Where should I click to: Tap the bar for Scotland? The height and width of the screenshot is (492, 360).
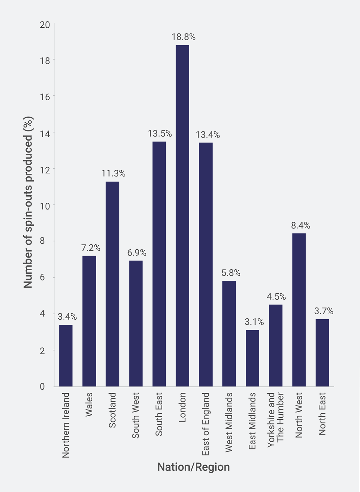tap(113, 284)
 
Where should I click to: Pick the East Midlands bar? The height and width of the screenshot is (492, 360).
tap(253, 358)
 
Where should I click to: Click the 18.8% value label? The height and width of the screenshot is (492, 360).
tap(184, 37)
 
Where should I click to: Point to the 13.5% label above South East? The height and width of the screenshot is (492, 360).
tap(160, 134)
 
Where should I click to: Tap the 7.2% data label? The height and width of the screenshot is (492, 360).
tap(91, 248)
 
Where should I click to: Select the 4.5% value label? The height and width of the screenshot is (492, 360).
tap(276, 297)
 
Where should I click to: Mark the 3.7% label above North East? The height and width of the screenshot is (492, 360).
tap(323, 311)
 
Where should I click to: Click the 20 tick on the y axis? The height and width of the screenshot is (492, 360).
tap(45, 25)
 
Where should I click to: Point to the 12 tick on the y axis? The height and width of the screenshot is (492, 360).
tap(45, 170)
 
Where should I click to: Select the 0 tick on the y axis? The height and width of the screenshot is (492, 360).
tap(42, 387)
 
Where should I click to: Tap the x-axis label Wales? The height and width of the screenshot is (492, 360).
tap(89, 404)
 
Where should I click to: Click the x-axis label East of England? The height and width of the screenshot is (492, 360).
tap(206, 424)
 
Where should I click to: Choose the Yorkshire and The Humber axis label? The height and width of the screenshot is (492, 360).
tap(275, 417)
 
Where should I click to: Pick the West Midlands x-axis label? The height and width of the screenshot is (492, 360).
tap(229, 422)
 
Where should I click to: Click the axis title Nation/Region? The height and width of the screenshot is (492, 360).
tap(193, 467)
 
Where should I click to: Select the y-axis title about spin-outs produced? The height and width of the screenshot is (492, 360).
tap(28, 202)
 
